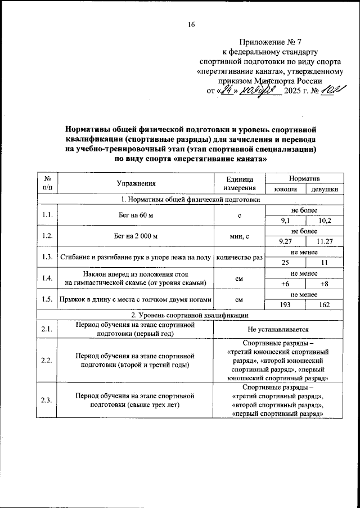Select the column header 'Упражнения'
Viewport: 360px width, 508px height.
[x=136, y=183]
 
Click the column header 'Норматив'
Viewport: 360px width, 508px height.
[x=304, y=177]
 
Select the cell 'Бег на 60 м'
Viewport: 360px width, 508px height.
[x=136, y=215]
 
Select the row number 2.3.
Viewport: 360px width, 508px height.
[x=47, y=400]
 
